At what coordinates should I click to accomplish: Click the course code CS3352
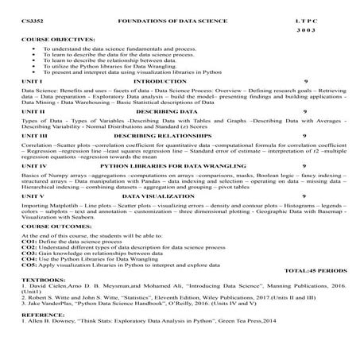tap(33, 17)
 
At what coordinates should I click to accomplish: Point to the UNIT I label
tap(31, 81)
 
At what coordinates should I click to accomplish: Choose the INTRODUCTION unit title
tap(160, 81)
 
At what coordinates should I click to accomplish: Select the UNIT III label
tap(34, 136)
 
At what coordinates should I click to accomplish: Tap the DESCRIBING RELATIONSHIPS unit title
tap(162, 136)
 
